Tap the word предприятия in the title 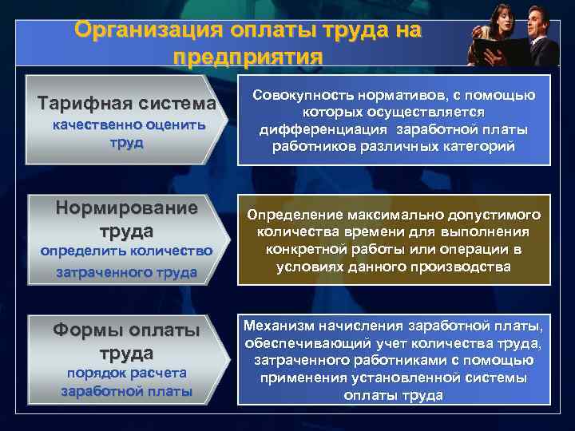click(247, 57)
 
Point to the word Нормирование click(126, 208)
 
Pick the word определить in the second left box click(81, 251)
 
